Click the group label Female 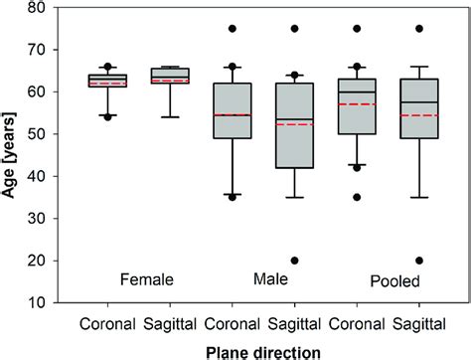coord(147,280)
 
